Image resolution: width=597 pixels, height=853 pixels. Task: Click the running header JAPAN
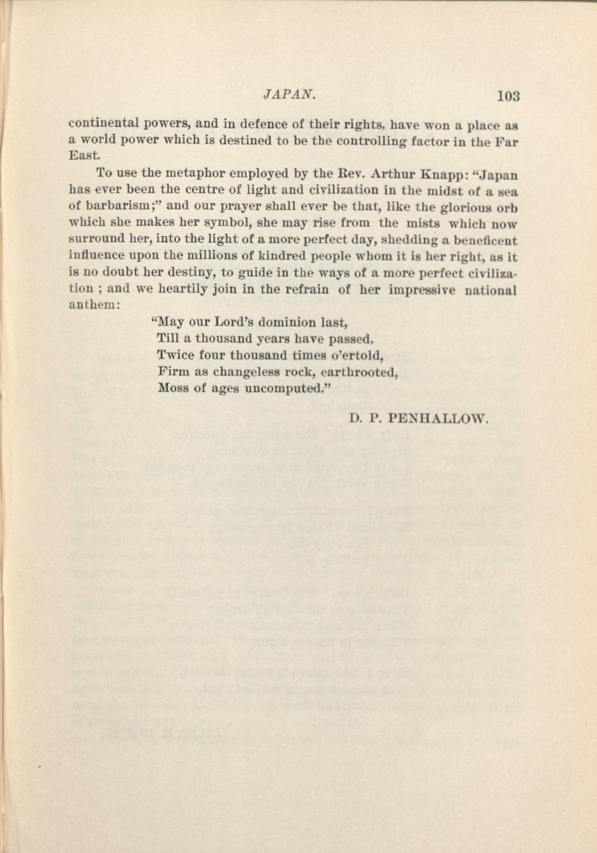point(290,95)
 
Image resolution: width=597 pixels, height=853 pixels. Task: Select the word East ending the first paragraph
point(84,155)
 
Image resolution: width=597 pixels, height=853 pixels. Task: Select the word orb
point(508,208)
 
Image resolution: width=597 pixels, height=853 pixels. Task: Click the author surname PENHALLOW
point(437,419)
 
